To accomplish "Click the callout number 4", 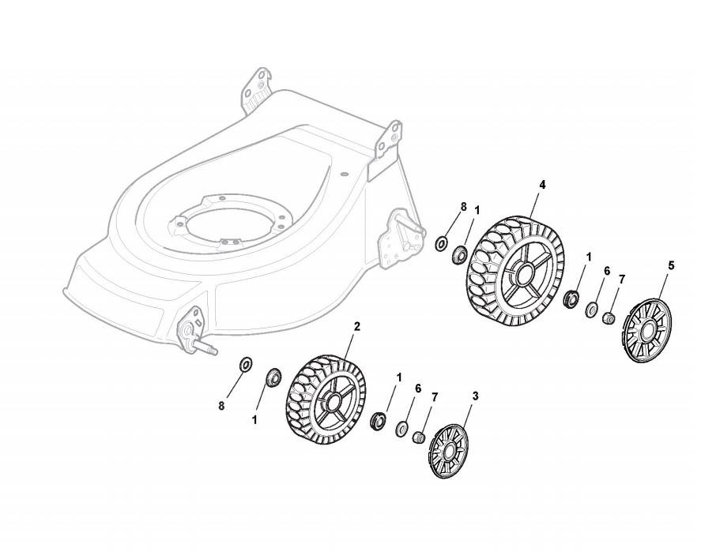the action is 542,185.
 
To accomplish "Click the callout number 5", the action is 671,266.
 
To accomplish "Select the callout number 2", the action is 357,326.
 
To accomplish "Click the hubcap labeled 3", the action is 449,451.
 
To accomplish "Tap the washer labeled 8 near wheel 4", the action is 441,243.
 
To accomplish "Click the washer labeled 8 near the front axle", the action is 245,364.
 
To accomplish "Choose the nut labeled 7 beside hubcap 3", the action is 421,436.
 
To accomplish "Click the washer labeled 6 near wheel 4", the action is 592,310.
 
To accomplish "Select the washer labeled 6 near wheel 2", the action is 402,428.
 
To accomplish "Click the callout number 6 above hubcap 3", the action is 417,389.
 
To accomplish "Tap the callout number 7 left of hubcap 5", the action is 622,279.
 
